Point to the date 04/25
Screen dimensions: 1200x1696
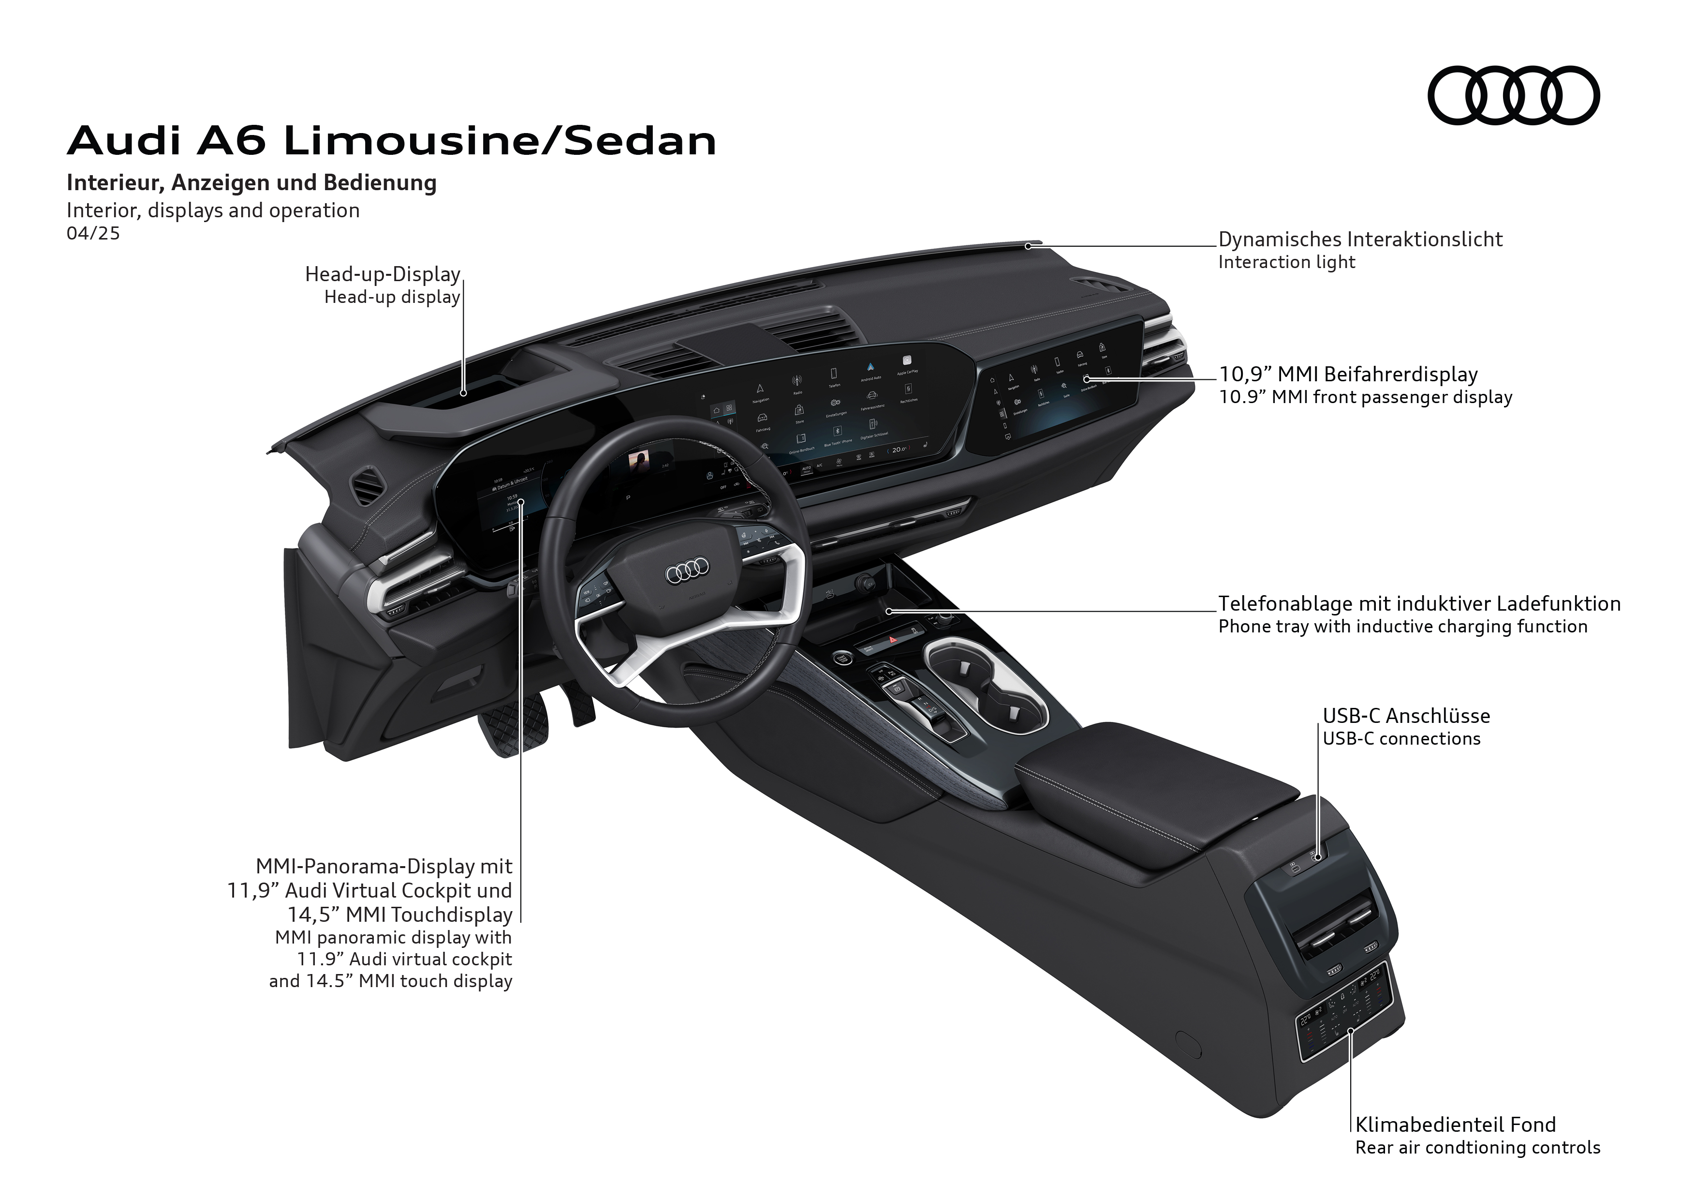[x=93, y=234]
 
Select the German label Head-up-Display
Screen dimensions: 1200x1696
[x=383, y=274]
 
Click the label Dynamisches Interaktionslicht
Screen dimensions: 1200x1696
[x=1360, y=240]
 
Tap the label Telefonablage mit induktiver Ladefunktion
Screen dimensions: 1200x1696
[x=1419, y=604]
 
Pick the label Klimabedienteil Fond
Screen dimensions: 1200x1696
[x=1455, y=1125]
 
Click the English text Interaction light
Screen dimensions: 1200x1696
[x=1286, y=262]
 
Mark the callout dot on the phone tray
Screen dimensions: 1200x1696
[x=889, y=611]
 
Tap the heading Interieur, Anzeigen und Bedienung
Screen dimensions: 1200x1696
[x=251, y=182]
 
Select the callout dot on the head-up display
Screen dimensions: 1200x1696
[x=463, y=393]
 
